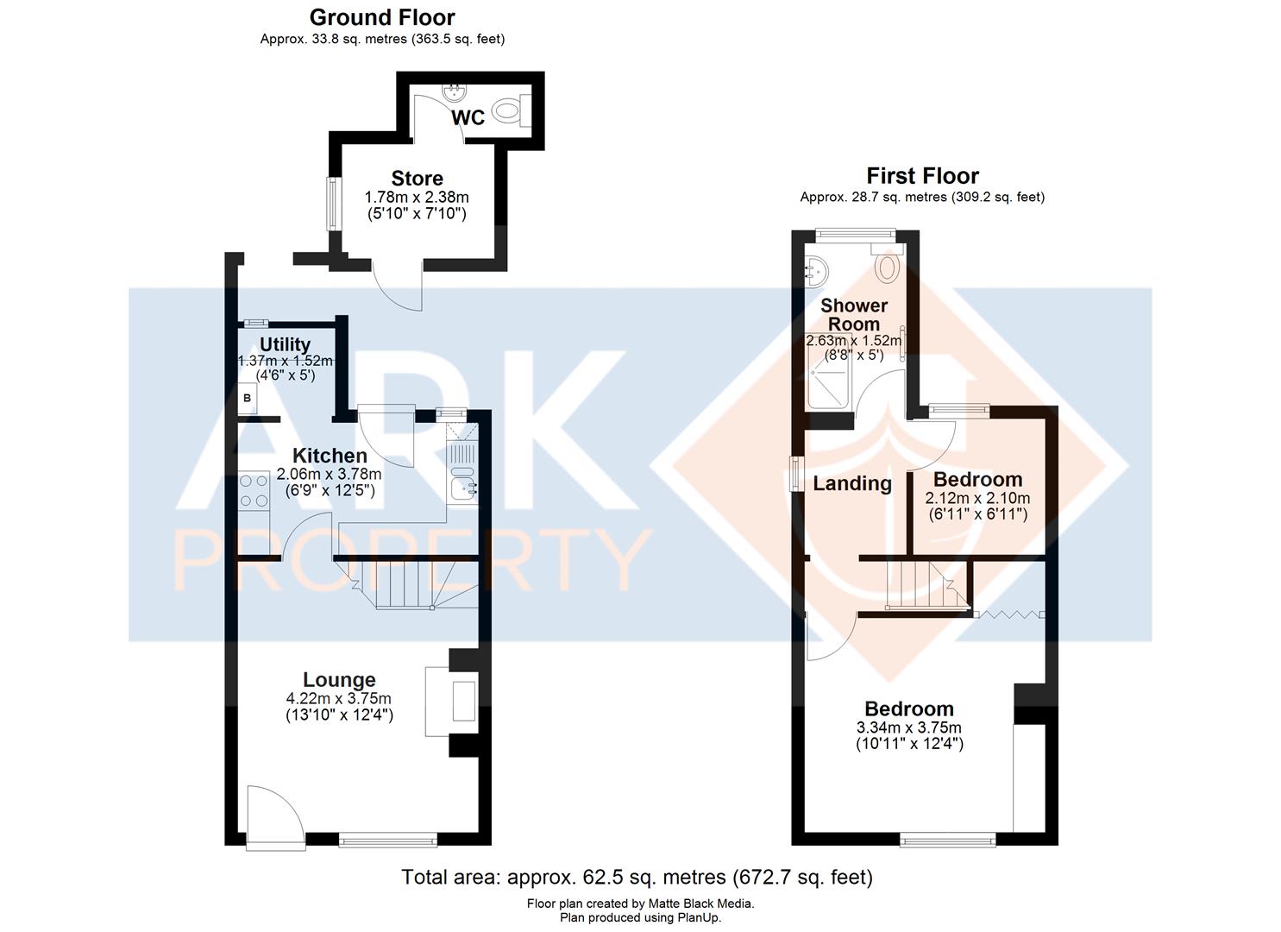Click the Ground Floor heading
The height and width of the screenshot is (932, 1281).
point(382,18)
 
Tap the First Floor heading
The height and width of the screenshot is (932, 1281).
point(922,176)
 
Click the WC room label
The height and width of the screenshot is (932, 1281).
point(468,118)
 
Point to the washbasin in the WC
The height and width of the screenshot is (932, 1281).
point(455,92)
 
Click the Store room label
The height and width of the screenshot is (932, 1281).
point(417,179)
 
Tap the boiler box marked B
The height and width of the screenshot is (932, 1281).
point(248,398)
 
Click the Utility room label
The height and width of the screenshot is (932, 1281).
point(285,344)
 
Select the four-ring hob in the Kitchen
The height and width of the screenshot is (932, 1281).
point(254,491)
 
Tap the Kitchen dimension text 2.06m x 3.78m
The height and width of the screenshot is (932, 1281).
point(329,475)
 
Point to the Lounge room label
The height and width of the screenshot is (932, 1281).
point(339,680)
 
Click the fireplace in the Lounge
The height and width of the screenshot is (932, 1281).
point(451,701)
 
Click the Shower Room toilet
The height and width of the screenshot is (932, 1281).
point(887,264)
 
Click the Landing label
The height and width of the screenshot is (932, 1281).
point(852,484)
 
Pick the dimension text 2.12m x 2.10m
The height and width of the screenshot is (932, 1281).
point(978,498)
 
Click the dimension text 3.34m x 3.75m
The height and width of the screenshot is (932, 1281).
point(908,727)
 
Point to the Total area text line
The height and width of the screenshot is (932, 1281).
point(637,877)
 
